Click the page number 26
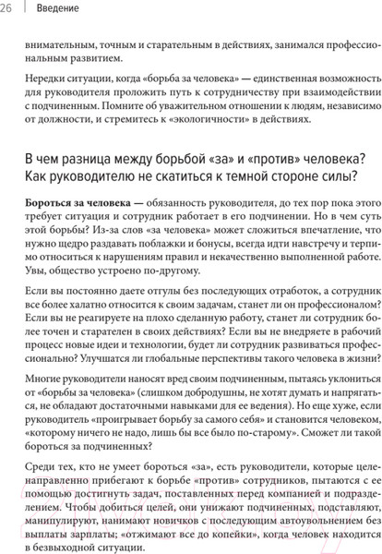[x=8, y=11]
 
